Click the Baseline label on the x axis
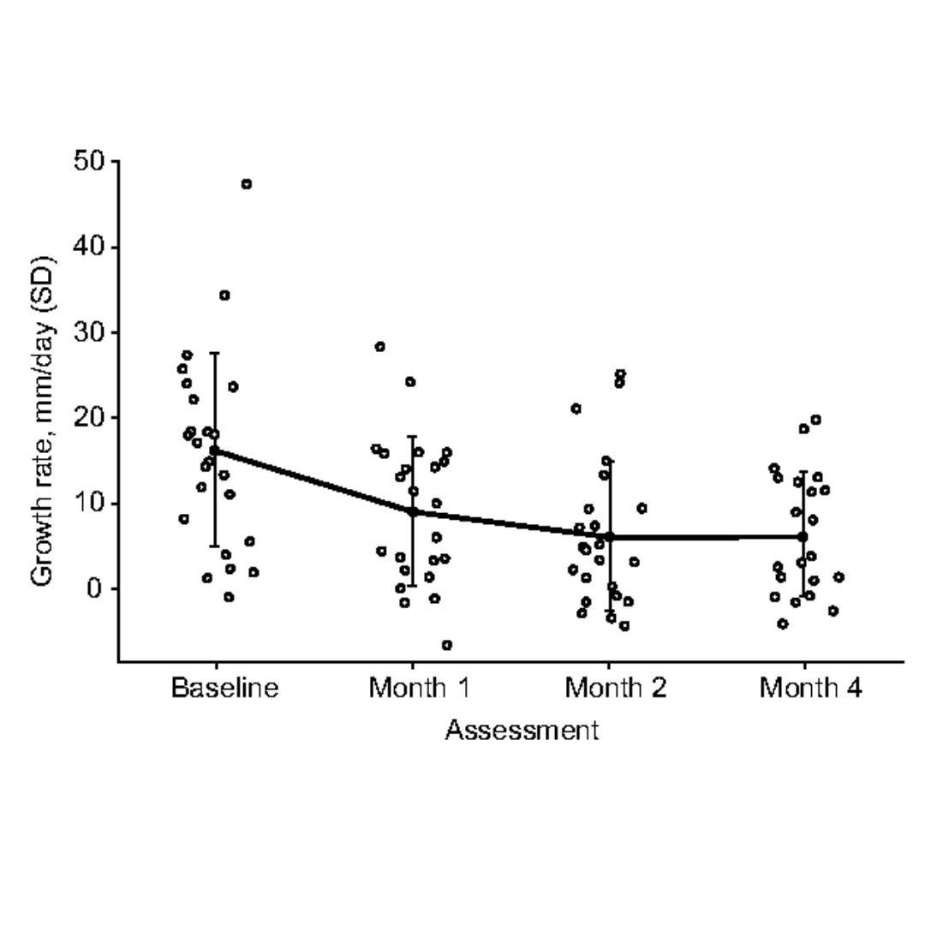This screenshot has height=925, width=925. (x=225, y=688)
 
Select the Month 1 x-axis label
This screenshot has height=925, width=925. (x=419, y=688)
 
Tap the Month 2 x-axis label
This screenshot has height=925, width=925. (x=616, y=688)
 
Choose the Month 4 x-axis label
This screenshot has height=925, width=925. (x=811, y=688)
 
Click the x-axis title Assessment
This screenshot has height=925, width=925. (x=522, y=731)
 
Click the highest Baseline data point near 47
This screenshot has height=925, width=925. (x=247, y=184)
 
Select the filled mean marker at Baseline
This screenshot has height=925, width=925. (x=215, y=451)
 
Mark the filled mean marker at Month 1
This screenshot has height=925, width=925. (x=412, y=511)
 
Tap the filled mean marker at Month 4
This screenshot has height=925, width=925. (x=803, y=537)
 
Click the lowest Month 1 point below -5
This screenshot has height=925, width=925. (x=447, y=645)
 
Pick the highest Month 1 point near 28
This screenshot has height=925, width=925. (x=380, y=347)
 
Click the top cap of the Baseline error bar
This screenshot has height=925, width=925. (x=215, y=353)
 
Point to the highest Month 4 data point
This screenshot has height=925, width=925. (x=816, y=420)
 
